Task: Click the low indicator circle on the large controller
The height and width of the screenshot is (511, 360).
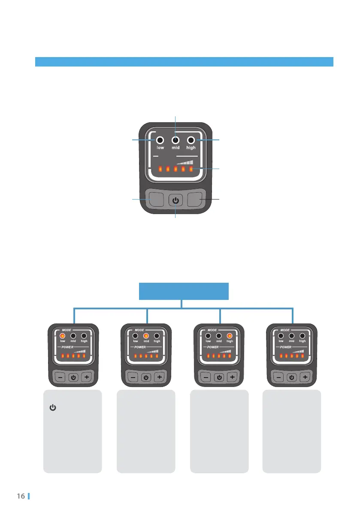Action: coord(160,140)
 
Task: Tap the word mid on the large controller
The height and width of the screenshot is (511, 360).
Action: coord(176,148)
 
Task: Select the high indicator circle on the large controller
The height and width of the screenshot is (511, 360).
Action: coord(191,140)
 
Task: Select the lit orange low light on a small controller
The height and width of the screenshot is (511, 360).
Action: coord(62,336)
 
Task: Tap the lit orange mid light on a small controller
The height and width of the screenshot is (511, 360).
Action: coord(146,336)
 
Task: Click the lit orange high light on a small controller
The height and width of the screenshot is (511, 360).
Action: coord(230,336)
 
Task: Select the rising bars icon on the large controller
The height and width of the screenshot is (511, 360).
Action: coord(186,163)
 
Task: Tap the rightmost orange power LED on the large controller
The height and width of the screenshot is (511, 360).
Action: coord(191,169)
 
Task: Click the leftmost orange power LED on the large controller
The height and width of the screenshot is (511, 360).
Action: coord(159,169)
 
